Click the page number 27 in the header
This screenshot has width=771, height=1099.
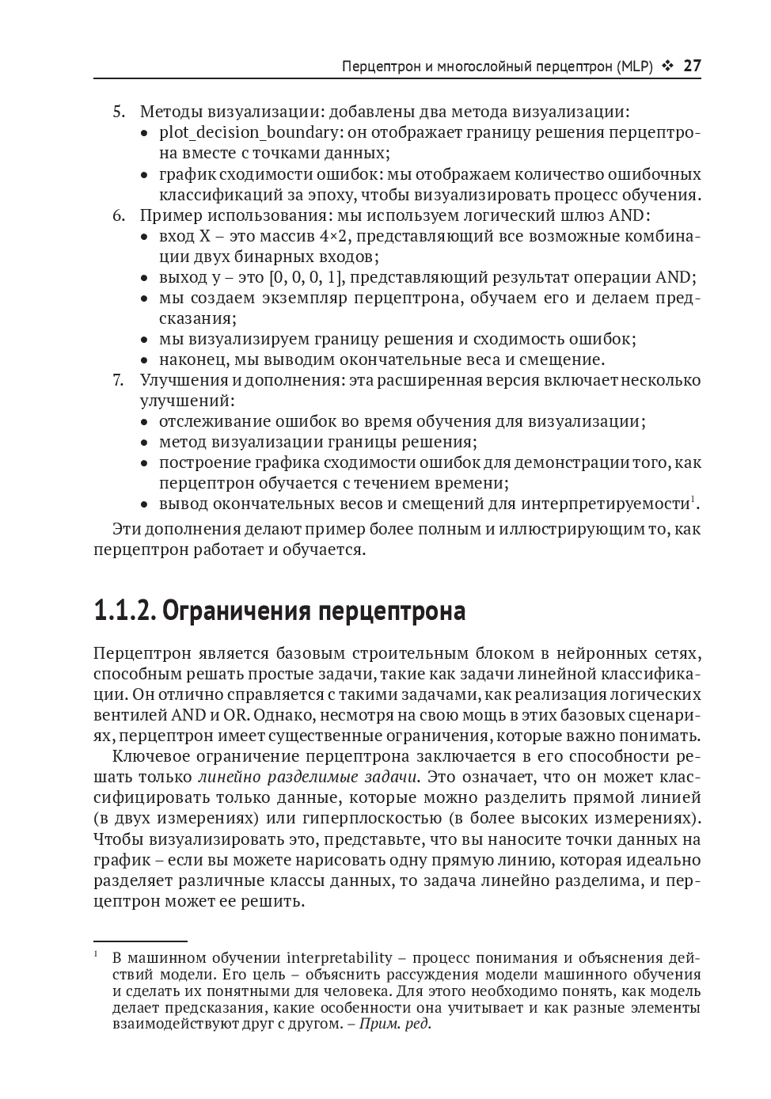click(x=692, y=66)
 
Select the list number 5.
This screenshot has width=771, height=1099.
click(x=118, y=112)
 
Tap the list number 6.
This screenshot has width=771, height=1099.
click(x=118, y=215)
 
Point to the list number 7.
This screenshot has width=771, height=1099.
click(x=118, y=380)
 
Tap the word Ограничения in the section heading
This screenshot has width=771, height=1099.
click(x=237, y=611)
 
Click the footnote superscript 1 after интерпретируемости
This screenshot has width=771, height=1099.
click(x=693, y=499)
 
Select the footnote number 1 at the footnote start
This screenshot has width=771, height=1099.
click(x=96, y=954)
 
